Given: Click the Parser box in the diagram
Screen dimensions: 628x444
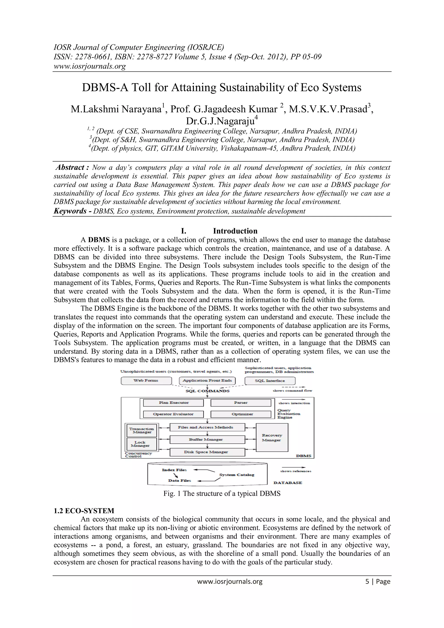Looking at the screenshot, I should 241,403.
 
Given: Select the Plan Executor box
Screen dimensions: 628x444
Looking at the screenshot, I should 174,403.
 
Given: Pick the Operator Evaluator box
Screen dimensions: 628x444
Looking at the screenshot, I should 173,414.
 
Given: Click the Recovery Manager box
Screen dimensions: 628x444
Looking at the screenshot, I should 272,437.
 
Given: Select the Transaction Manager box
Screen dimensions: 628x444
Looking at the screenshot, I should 141,430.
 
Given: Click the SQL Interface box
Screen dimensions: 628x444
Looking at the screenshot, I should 270,381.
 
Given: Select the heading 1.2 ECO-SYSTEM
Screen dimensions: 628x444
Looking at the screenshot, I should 84,511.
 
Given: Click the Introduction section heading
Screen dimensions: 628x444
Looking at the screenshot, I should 235,231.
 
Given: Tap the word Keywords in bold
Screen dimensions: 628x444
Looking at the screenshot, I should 70,211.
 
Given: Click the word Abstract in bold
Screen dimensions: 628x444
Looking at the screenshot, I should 70,167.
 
